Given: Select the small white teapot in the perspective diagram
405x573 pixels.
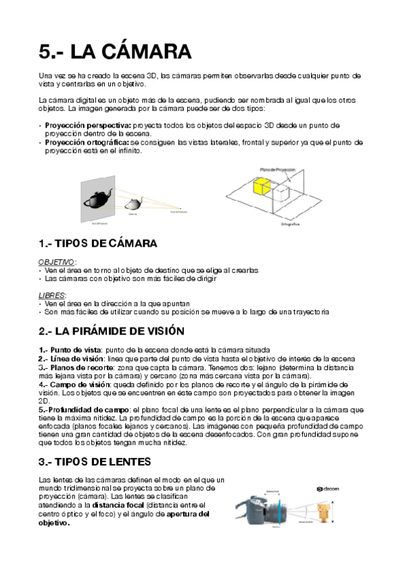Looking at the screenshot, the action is (x=136, y=203).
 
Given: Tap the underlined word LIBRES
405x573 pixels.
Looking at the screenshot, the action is (x=52, y=295).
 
